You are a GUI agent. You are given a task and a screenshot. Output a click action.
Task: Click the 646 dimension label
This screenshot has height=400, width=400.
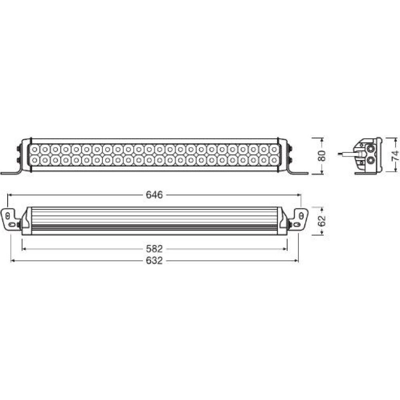[x=154, y=195]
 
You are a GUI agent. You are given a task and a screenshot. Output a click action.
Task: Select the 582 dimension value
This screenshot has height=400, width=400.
[x=154, y=249]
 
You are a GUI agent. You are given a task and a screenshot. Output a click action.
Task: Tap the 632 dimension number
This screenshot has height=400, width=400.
[x=154, y=260]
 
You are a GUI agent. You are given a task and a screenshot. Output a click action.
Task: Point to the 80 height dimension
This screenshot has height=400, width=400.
[x=322, y=156]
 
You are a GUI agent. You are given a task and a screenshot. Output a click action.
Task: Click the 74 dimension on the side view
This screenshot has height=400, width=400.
[x=395, y=155]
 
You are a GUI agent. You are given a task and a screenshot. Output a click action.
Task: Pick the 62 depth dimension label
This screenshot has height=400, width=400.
[x=322, y=221]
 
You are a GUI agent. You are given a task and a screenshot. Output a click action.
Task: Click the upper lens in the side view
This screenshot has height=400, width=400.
[x=370, y=148]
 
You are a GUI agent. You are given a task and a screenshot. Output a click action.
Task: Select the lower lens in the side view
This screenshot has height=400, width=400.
[x=370, y=160]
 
